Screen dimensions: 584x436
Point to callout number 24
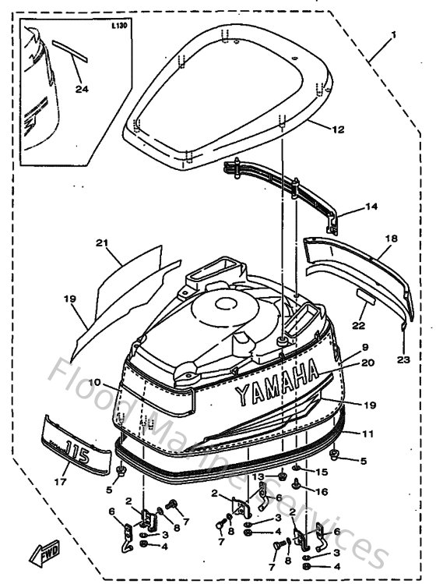(82, 89)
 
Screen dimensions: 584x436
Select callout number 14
(371, 208)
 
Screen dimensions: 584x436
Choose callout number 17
(59, 482)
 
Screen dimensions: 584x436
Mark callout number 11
(367, 432)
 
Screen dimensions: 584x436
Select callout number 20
(367, 362)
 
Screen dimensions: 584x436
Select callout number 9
(365, 346)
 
